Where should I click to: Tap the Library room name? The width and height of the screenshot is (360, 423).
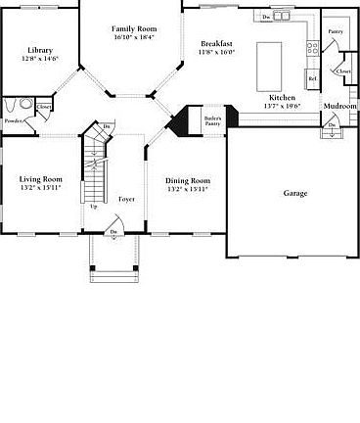[40, 50]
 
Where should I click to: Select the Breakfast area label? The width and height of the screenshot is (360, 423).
[215, 44]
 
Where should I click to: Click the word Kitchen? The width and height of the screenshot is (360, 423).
[282, 99]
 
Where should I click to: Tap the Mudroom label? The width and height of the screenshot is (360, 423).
[339, 106]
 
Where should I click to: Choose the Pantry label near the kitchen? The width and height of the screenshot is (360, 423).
[335, 31]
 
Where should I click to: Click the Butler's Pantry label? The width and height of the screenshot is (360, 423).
[213, 121]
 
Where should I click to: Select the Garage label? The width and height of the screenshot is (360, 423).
[295, 193]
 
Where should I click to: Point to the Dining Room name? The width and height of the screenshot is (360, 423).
[187, 180]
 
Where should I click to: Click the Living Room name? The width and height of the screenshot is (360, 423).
[40, 179]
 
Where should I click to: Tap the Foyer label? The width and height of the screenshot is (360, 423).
[127, 199]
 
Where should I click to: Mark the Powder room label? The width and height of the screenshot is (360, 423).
[14, 120]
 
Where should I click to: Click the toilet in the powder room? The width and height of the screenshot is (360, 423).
[10, 104]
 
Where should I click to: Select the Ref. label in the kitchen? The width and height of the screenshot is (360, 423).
[312, 78]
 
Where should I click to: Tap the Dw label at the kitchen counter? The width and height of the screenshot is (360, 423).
[266, 17]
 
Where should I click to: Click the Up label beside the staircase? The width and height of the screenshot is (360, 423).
[94, 207]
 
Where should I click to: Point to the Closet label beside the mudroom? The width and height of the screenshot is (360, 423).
[343, 71]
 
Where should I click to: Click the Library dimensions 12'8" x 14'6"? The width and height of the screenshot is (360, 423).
[40, 59]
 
